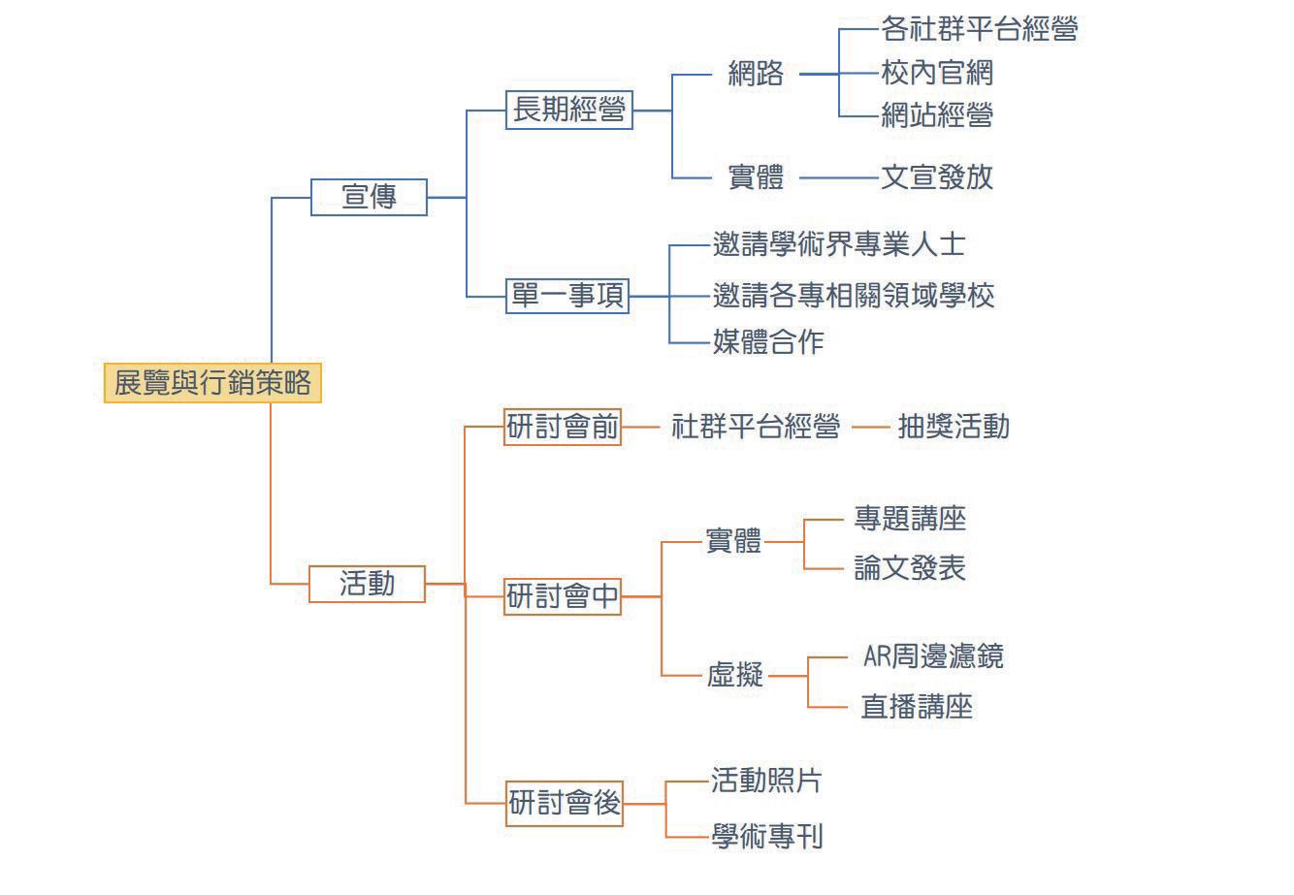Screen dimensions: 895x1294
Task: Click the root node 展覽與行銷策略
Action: click(212, 383)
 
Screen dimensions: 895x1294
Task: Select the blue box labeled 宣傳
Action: click(369, 197)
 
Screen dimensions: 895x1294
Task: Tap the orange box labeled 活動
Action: click(367, 584)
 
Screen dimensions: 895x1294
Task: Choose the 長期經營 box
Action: click(568, 111)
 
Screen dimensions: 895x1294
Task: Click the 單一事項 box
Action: click(568, 296)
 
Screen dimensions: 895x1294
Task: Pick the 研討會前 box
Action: click(563, 427)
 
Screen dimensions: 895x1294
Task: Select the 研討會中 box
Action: click(563, 596)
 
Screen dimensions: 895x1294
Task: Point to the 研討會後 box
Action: click(565, 804)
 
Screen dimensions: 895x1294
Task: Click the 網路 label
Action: click(756, 74)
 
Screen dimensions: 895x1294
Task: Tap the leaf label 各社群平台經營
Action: click(979, 29)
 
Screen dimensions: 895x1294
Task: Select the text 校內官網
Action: click(936, 73)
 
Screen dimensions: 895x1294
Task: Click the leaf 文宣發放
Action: click(936, 177)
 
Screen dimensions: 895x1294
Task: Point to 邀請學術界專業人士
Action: click(838, 244)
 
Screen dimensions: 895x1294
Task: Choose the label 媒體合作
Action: click(767, 342)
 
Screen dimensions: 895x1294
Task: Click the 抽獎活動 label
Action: click(953, 427)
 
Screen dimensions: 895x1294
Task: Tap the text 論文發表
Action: click(909, 568)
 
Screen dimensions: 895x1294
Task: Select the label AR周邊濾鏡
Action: click(932, 657)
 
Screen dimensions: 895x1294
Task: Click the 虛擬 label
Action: click(734, 675)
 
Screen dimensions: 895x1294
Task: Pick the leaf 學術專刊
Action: click(766, 837)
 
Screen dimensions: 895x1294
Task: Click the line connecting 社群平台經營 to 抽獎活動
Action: click(870, 427)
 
